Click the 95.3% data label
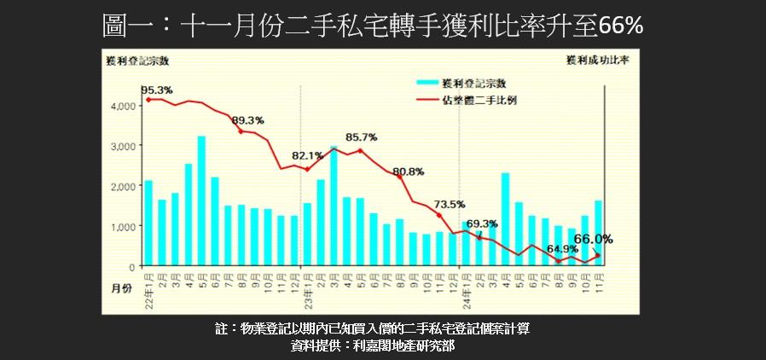[157, 90]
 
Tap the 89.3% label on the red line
[248, 120]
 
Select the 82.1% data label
[307, 156]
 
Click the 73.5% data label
[449, 204]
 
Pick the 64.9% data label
[563, 249]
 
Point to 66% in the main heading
[620, 26]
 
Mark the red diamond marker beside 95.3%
[149, 100]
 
